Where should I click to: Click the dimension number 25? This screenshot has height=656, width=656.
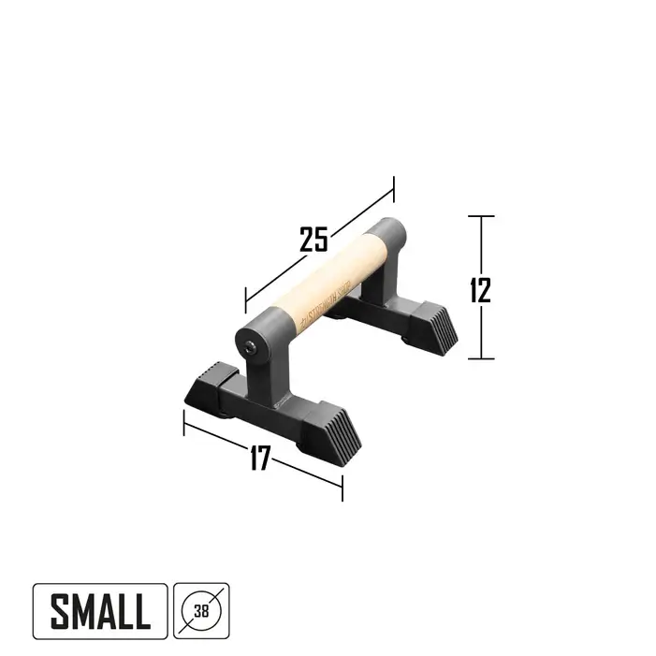[314, 239]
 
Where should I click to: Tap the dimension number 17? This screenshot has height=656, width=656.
[260, 458]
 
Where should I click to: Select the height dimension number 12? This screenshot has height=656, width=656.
[480, 289]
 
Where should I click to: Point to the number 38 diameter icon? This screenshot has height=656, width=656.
[200, 612]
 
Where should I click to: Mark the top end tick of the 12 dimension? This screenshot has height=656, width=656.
[480, 216]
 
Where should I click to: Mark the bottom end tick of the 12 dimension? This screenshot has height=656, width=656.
[480, 358]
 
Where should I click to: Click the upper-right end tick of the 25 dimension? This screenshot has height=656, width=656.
[394, 188]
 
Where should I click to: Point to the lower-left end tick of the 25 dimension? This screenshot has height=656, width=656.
[245, 300]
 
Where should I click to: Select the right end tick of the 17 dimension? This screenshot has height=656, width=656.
[342, 487]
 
